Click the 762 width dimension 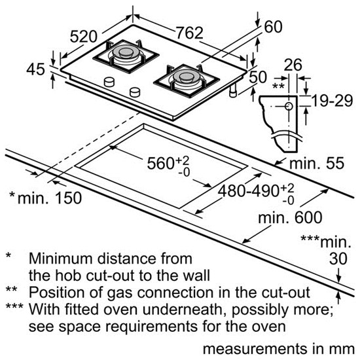[189, 33]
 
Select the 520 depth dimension [84, 37]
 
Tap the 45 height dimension [35, 69]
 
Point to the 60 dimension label [273, 27]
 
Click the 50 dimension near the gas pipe [258, 77]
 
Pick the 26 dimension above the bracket [293, 65]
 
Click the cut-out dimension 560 [168, 164]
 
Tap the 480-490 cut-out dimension [256, 192]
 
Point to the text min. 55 [317, 163]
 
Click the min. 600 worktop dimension [290, 217]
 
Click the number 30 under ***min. [338, 259]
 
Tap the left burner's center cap [126, 52]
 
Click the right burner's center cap [187, 77]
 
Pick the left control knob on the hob [109, 82]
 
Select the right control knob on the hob [135, 92]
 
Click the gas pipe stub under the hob [234, 90]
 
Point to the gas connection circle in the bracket [289, 106]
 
